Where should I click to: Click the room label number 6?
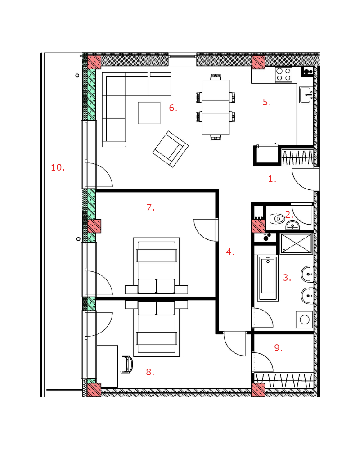point(173,108)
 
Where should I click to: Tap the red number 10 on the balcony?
point(58,167)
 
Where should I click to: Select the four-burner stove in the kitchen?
point(283,75)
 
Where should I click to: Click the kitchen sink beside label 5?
point(306,94)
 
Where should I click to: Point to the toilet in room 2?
point(278,219)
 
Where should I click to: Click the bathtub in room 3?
point(268,278)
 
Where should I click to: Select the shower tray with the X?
point(296,243)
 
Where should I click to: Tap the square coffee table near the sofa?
point(149,113)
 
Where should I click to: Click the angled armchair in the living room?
point(171,149)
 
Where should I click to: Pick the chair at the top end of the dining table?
point(216,77)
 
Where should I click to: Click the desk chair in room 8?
point(128,364)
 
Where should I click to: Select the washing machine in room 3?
point(304,319)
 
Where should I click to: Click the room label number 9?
point(278,348)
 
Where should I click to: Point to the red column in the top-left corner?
point(94,62)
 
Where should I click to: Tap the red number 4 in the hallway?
point(230,252)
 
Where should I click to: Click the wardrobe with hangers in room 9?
point(284,380)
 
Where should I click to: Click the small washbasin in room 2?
point(292,225)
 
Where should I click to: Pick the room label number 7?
point(151,207)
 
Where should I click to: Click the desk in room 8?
point(107,366)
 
